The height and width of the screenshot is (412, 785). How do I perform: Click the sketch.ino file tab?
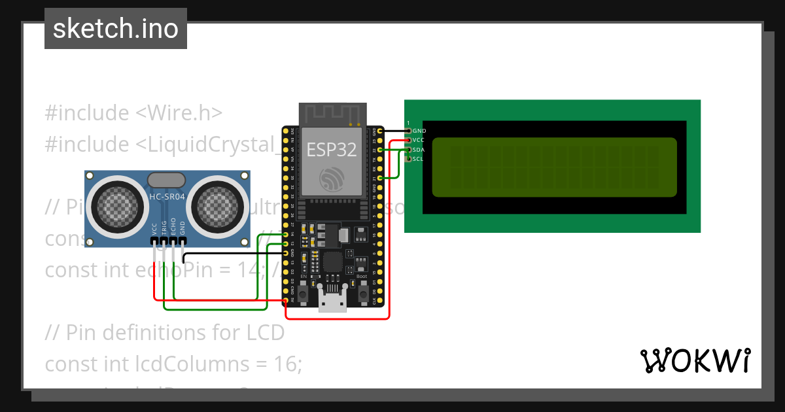[116, 29]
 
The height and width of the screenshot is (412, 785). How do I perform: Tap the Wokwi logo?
[695, 360]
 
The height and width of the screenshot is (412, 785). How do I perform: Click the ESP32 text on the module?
[332, 149]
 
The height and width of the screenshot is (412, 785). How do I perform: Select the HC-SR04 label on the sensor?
[167, 196]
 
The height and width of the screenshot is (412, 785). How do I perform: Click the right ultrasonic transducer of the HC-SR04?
[218, 206]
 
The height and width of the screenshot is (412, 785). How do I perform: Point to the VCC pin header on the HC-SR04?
[154, 241]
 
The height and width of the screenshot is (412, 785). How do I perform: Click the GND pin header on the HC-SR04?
[183, 241]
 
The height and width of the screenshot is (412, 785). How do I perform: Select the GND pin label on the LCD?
[419, 131]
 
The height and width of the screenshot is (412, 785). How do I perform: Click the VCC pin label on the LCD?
[419, 140]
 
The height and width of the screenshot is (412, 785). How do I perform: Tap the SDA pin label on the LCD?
[419, 150]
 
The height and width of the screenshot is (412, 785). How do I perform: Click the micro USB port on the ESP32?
[332, 302]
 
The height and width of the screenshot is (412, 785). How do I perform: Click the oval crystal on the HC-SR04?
[167, 179]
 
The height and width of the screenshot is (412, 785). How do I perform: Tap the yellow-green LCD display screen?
[554, 167]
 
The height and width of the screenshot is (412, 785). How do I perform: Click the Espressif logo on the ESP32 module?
[332, 178]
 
